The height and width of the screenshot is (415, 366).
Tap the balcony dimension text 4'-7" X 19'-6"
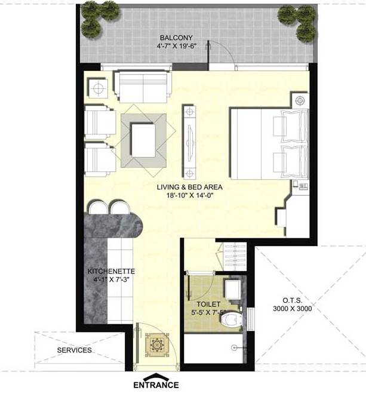pos(176,46)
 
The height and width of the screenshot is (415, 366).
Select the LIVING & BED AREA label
pos(189,187)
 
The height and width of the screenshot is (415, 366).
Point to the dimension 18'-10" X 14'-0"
pos(190,196)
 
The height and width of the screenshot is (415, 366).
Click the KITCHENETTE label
pos(111,271)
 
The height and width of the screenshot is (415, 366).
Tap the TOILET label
pos(208,305)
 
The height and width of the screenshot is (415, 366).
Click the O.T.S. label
pos(293,300)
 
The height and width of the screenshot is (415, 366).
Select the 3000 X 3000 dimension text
pos(293,309)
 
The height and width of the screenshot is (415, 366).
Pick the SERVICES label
pos(75,350)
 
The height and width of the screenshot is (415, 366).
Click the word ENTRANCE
pos(156,385)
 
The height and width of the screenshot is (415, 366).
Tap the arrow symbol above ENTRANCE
pos(156,376)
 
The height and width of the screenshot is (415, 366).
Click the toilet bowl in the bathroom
pos(231,319)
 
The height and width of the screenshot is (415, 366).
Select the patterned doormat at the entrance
pos(156,345)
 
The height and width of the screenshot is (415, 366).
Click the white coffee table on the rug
pos(143,140)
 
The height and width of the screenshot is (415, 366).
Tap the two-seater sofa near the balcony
pos(142,86)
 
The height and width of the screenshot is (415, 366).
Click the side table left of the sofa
pos(98,88)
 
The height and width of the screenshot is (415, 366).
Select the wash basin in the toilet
pos(233,289)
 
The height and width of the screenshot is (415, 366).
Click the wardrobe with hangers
pos(235,256)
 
